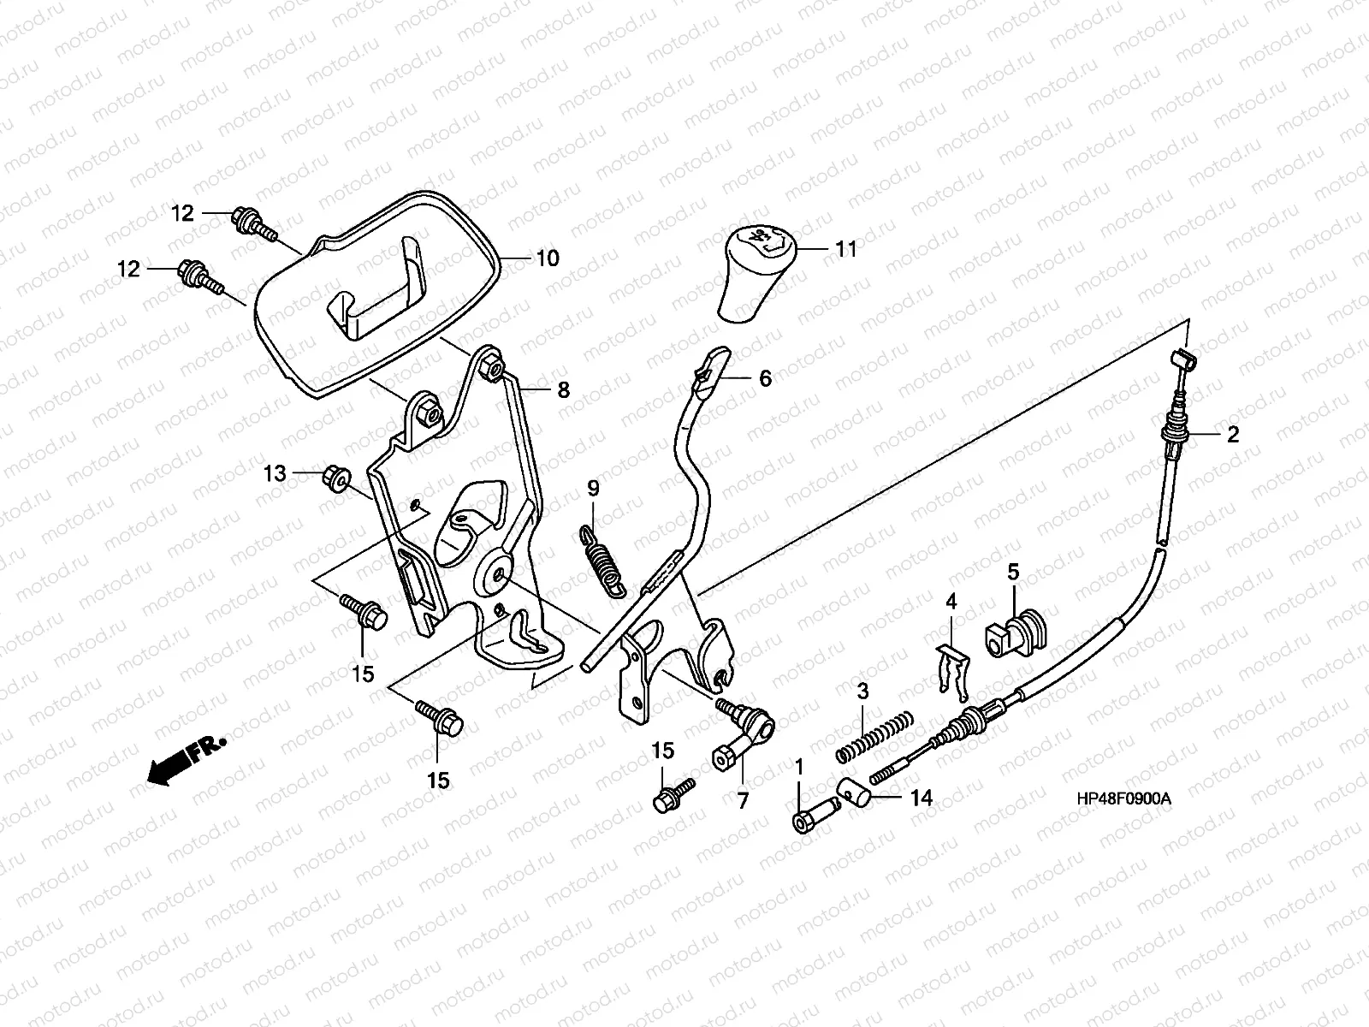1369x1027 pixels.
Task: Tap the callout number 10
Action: tap(548, 258)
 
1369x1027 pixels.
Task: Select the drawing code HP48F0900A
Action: tap(1124, 798)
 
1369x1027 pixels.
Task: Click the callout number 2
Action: tap(1233, 435)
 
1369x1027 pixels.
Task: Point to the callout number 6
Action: tap(765, 378)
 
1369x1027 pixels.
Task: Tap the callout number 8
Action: tap(563, 390)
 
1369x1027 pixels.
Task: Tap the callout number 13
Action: tap(275, 474)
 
